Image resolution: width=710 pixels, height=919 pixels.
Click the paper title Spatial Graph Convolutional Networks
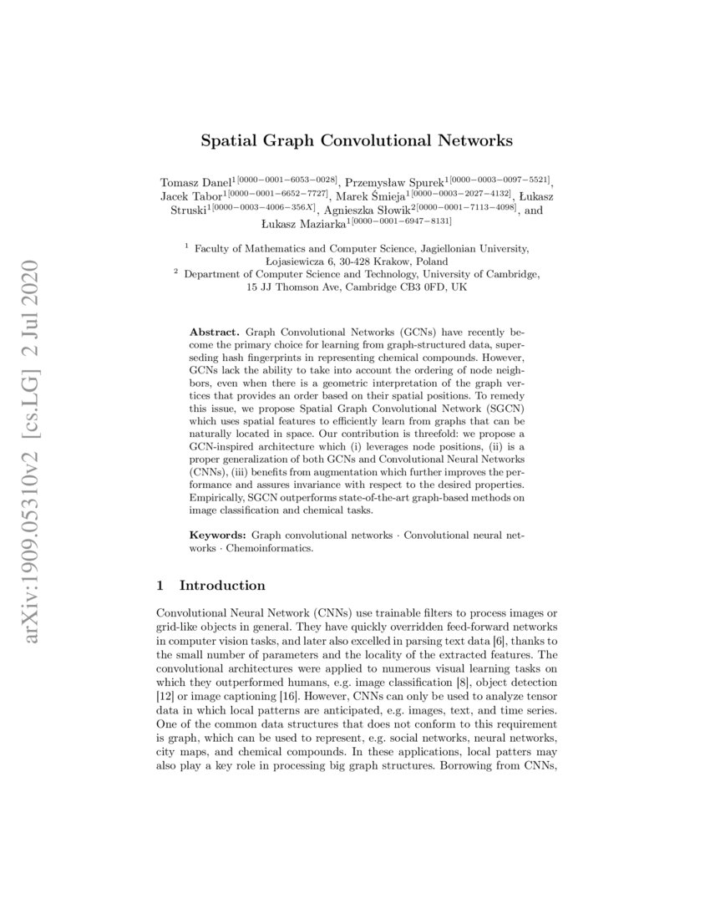click(356, 140)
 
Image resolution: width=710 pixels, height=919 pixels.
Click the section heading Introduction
click(222, 585)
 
